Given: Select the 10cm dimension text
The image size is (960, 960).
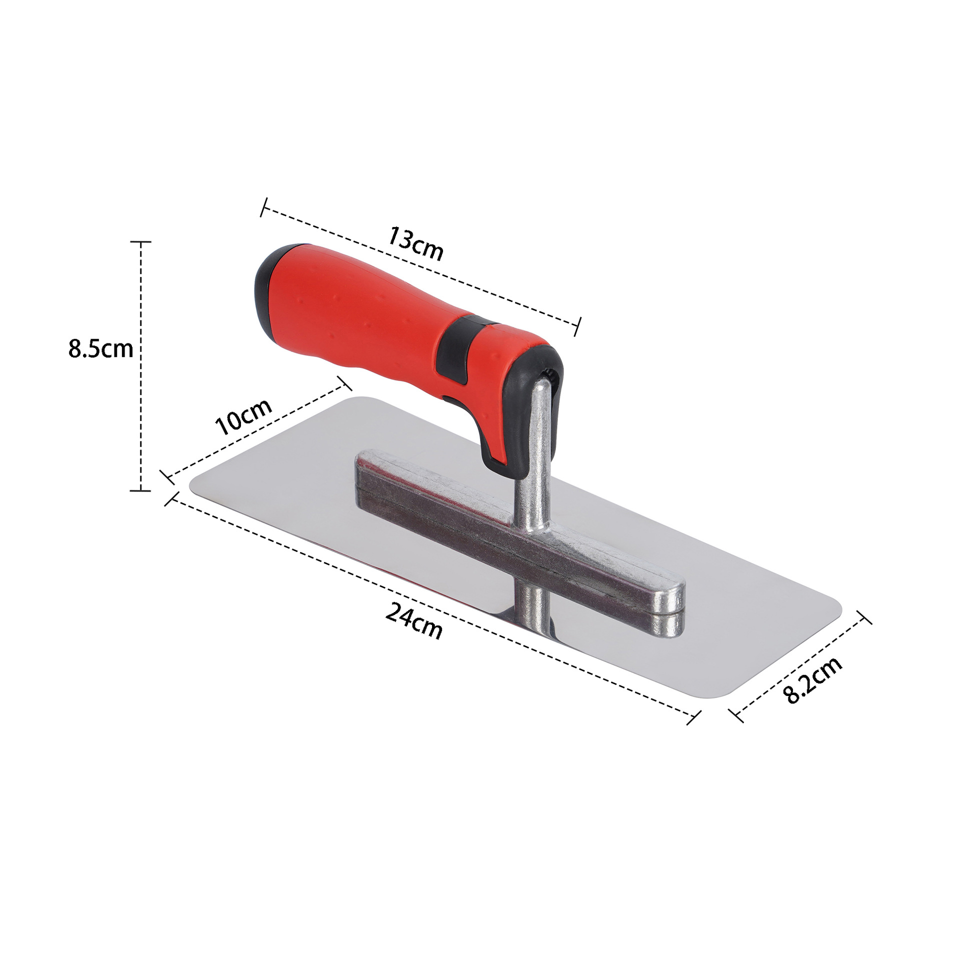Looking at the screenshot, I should pos(243,416).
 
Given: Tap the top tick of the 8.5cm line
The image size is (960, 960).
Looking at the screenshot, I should pos(141,241).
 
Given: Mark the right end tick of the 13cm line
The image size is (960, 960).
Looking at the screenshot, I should pos(578,326).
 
